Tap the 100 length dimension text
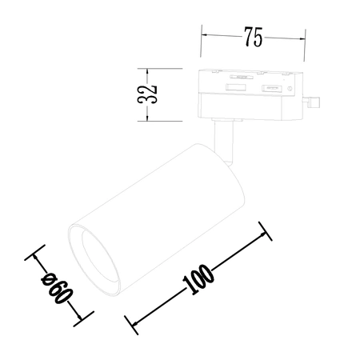[x=197, y=276]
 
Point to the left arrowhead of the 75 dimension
[x=203, y=35]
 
